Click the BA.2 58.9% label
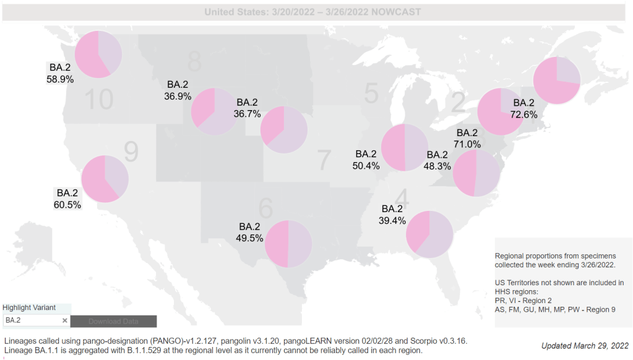[x=60, y=73]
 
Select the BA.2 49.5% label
[x=249, y=232]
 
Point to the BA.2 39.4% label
[x=393, y=215]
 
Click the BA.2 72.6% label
[x=523, y=108]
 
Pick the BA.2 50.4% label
[x=366, y=160]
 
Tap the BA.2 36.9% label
[x=178, y=90]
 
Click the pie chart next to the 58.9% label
[x=98, y=54]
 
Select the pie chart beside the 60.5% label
[x=105, y=179]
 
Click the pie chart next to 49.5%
[x=288, y=243]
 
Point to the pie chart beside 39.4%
[x=430, y=234]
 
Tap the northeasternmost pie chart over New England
[x=556, y=80]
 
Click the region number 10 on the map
[x=98, y=99]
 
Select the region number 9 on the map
[x=131, y=150]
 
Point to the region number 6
[x=265, y=209]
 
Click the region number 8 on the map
[x=194, y=61]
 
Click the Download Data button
[x=113, y=321]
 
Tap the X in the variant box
[x=64, y=320]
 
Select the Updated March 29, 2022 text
[x=585, y=346]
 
